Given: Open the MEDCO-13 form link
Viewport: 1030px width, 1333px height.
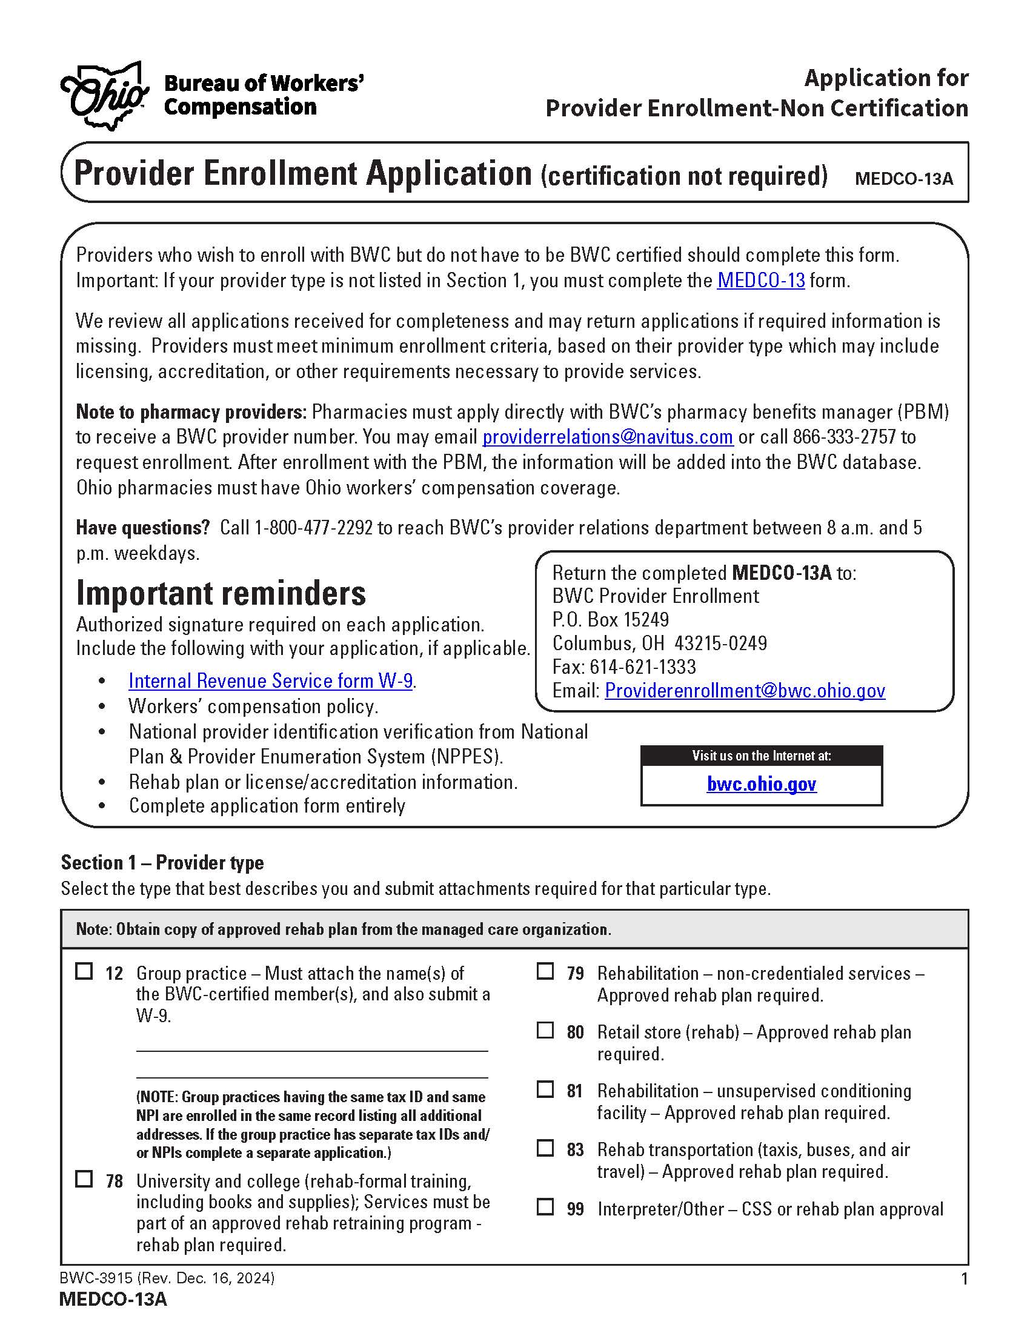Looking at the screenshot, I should [760, 280].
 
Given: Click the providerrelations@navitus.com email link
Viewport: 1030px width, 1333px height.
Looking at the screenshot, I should [607, 437].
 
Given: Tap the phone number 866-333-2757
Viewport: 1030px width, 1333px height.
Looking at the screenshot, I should [844, 437].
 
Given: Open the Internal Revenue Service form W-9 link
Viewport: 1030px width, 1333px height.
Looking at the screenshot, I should [270, 680].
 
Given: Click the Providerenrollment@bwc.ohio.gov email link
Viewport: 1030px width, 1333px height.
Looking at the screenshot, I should [745, 690].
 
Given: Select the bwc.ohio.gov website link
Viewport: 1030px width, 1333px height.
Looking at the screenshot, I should [761, 783].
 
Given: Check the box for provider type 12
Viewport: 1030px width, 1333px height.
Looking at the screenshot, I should [84, 971].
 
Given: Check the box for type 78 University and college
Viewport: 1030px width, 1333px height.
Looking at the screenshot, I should [84, 1179].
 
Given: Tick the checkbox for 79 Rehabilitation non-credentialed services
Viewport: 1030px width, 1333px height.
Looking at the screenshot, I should [545, 971].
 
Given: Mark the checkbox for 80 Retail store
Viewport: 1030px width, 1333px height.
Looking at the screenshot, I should [545, 1030].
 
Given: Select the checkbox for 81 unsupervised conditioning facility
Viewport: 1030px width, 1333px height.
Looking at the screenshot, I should [545, 1089].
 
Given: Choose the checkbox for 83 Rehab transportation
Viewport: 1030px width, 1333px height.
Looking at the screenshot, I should [545, 1148].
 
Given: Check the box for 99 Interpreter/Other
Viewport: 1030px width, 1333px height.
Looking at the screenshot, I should [545, 1207].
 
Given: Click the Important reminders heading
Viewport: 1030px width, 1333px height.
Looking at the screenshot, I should [221, 593].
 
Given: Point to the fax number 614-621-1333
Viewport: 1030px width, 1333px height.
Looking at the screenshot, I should [642, 666].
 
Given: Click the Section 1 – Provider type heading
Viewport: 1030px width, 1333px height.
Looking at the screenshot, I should [162, 862].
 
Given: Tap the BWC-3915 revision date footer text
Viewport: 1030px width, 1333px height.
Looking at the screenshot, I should [167, 1277].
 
